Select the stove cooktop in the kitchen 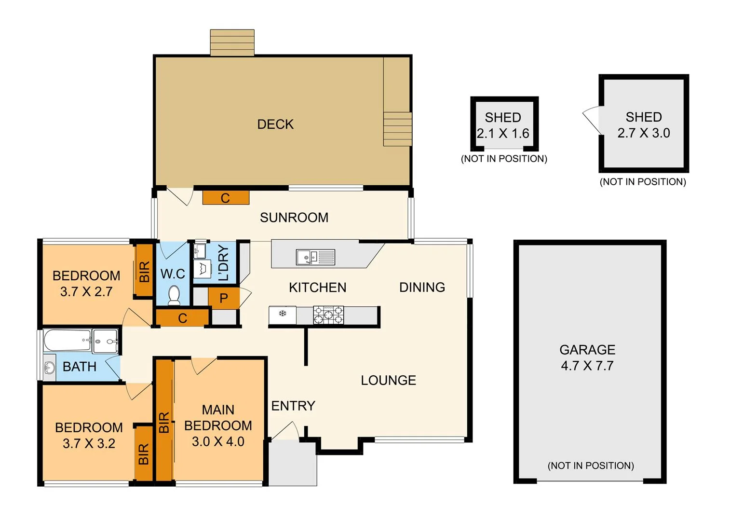(x=328, y=315)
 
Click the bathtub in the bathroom (x=67, y=340)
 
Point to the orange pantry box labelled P (x=224, y=298)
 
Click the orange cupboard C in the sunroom (x=226, y=198)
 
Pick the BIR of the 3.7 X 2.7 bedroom (x=144, y=272)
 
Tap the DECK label (x=275, y=124)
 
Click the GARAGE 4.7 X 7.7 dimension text (x=587, y=366)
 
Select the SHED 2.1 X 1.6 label (x=503, y=125)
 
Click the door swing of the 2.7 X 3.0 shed (x=592, y=120)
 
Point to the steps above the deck (x=232, y=42)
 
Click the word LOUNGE (x=388, y=380)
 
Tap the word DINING (x=422, y=288)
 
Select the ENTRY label (x=293, y=406)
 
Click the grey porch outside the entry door (x=292, y=463)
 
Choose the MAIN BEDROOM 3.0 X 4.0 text (x=218, y=425)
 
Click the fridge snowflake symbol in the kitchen (x=283, y=314)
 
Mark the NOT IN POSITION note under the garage (x=591, y=466)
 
